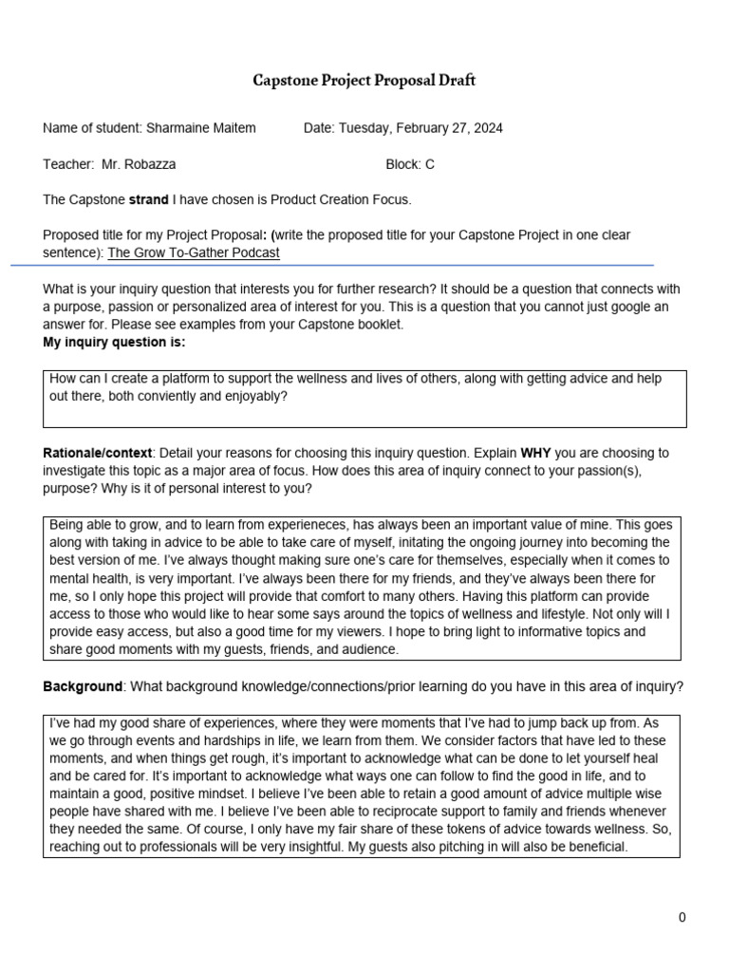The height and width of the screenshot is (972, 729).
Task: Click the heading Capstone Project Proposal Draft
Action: [x=364, y=81]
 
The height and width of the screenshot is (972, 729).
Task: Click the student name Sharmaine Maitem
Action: [x=200, y=128]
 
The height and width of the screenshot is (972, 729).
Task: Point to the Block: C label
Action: [x=410, y=164]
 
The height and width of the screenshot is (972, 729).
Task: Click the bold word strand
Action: [x=148, y=200]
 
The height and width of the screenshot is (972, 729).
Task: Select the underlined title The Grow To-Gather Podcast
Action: [x=194, y=253]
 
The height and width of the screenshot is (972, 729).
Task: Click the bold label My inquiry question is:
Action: [x=114, y=343]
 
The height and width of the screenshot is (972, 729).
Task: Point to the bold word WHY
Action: [x=537, y=453]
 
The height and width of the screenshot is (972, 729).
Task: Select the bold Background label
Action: [x=83, y=686]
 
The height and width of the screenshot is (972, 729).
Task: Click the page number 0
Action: [x=682, y=917]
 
